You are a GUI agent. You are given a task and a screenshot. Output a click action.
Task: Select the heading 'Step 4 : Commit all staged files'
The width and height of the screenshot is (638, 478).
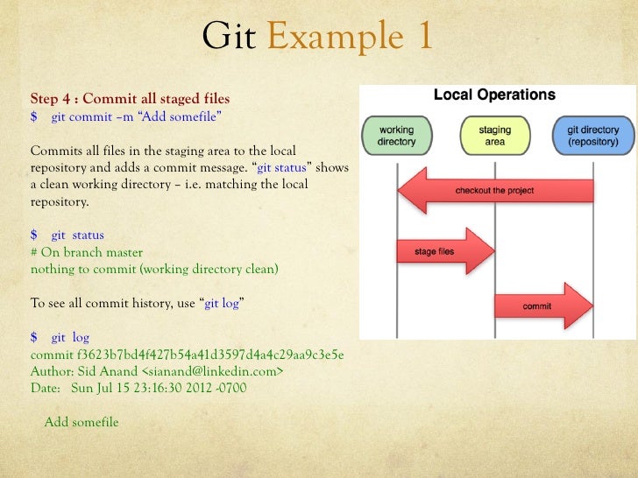click(x=130, y=98)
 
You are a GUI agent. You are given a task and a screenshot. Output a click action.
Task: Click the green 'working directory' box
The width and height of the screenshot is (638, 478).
click(x=396, y=136)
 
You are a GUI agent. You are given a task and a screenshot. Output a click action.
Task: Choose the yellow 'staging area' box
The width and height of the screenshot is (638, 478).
click(x=494, y=136)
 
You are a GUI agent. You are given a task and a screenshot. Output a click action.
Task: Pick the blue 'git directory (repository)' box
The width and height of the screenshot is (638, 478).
click(x=592, y=136)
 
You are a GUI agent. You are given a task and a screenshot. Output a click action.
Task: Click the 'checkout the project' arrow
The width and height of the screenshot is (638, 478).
click(x=495, y=191)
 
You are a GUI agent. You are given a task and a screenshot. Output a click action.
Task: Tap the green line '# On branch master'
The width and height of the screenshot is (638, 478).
click(x=87, y=252)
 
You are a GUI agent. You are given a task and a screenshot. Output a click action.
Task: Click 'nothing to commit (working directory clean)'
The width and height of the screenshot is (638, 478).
click(x=154, y=269)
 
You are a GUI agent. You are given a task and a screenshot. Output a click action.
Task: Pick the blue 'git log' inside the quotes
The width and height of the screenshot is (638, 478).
click(x=223, y=303)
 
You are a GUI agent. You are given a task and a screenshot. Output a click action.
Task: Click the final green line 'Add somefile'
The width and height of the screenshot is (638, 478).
click(x=82, y=422)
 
